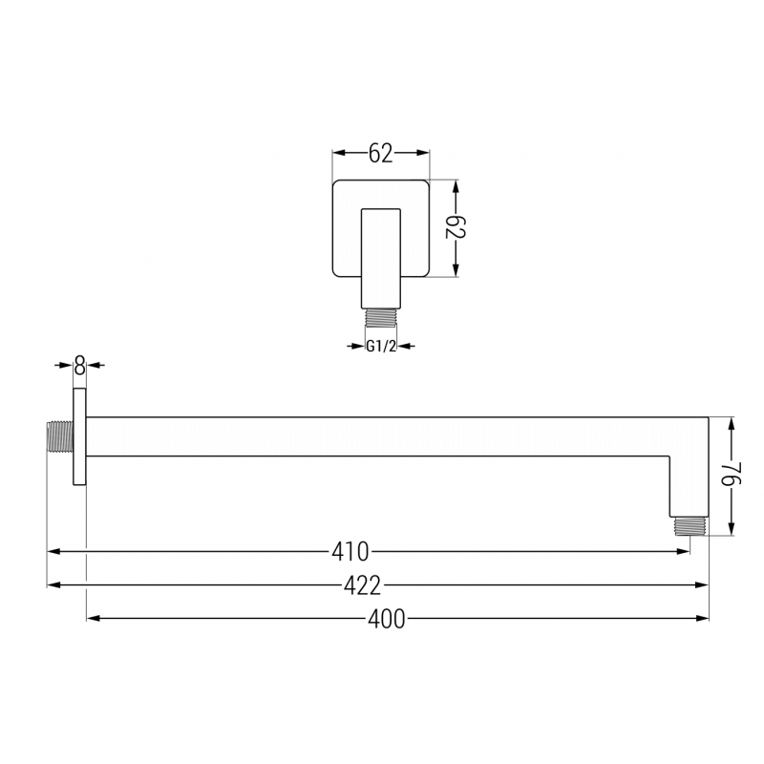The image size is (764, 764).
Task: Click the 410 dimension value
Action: click(350, 551)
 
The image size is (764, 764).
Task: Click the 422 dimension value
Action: click(362, 584)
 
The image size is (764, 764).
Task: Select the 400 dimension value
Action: click(386, 619)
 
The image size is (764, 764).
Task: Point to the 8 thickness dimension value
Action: click(79, 365)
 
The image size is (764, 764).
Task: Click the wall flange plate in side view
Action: click(80, 438)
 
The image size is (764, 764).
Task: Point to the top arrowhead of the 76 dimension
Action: click(731, 424)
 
